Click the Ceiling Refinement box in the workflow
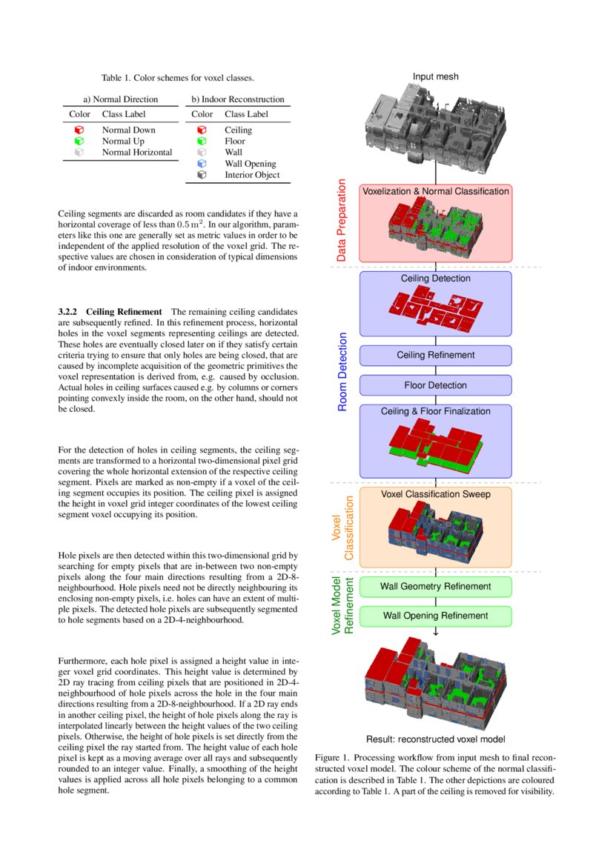pos(435,355)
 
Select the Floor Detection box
pos(435,385)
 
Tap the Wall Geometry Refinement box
pos(435,587)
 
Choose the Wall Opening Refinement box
pos(435,616)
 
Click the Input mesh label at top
pos(435,77)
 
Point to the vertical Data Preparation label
pos(342,220)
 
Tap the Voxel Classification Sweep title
pos(435,494)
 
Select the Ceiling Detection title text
pos(435,279)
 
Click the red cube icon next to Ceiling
pos(201,130)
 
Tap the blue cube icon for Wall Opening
pos(201,164)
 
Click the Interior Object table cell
pos(252,175)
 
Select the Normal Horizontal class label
pos(137,152)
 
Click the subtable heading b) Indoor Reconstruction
pos(237,99)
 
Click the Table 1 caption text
pos(178,77)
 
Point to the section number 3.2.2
pos(73,312)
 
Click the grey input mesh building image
pos(435,126)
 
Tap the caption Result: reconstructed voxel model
pos(435,739)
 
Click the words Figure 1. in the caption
pos(331,759)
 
